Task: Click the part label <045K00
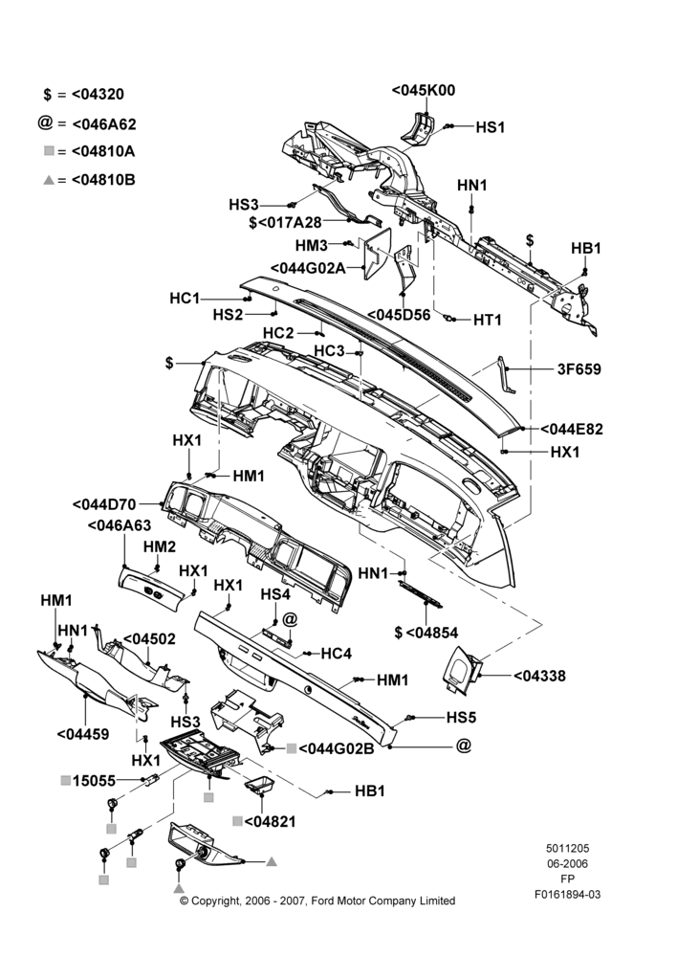click(x=423, y=90)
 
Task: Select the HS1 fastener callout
click(x=490, y=127)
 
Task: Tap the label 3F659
click(x=579, y=369)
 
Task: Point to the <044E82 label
click(x=572, y=429)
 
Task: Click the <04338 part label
click(x=539, y=676)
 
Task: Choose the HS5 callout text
click(x=461, y=717)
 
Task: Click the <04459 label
click(x=83, y=734)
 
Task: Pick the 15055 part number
click(x=94, y=781)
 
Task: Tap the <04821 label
click(x=270, y=821)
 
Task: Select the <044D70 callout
click(x=104, y=504)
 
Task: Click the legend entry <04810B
click(x=103, y=180)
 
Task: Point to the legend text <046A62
click(x=103, y=124)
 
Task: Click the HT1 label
click(x=488, y=320)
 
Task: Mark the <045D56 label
click(x=399, y=315)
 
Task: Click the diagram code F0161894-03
click(x=568, y=894)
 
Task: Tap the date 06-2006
click(x=568, y=863)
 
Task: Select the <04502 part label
click(x=149, y=639)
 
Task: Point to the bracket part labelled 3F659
click(x=506, y=374)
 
